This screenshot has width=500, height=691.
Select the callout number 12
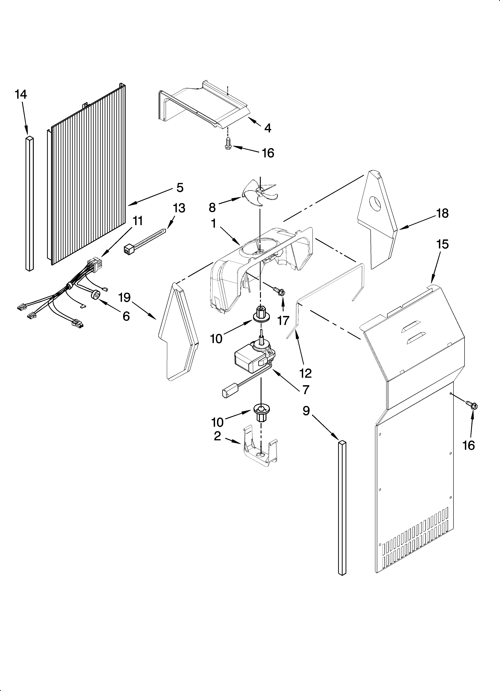point(305,373)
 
